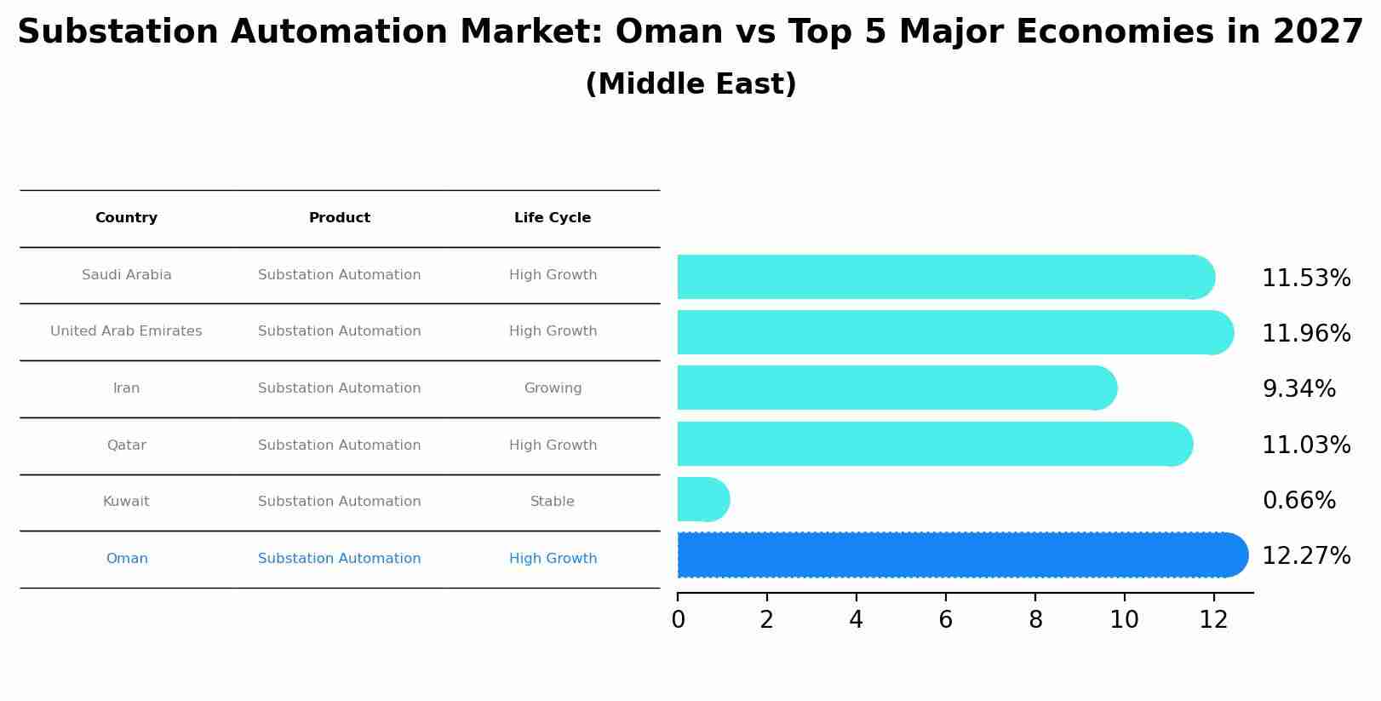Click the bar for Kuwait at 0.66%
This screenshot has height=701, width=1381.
pyautogui.click(x=702, y=499)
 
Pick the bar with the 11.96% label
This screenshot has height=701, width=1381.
pyautogui.click(x=954, y=332)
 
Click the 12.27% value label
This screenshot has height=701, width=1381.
pyautogui.click(x=1305, y=556)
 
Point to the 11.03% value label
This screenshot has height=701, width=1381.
pyautogui.click(x=1305, y=445)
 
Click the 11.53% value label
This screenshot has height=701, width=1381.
pyautogui.click(x=1305, y=279)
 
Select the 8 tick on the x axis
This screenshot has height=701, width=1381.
pyautogui.click(x=1035, y=620)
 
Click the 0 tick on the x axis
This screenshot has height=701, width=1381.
pyautogui.click(x=678, y=620)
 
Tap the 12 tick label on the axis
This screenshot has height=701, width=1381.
pyautogui.click(x=1213, y=620)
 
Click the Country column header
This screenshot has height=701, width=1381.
pyautogui.click(x=126, y=218)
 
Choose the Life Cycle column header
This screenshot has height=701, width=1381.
pyautogui.click(x=553, y=218)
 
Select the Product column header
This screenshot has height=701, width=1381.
pyautogui.click(x=339, y=218)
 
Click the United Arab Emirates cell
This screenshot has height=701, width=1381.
pyautogui.click(x=126, y=331)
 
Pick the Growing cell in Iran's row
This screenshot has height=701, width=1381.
pyautogui.click(x=553, y=388)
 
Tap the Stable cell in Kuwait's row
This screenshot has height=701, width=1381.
pyautogui.click(x=552, y=502)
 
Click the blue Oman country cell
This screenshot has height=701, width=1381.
pyautogui.click(x=127, y=559)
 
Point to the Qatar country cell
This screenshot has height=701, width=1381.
pyautogui.click(x=126, y=445)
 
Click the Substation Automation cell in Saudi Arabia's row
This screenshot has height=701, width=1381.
pyautogui.click(x=339, y=275)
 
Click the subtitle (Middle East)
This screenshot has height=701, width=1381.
pyautogui.click(x=690, y=84)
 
